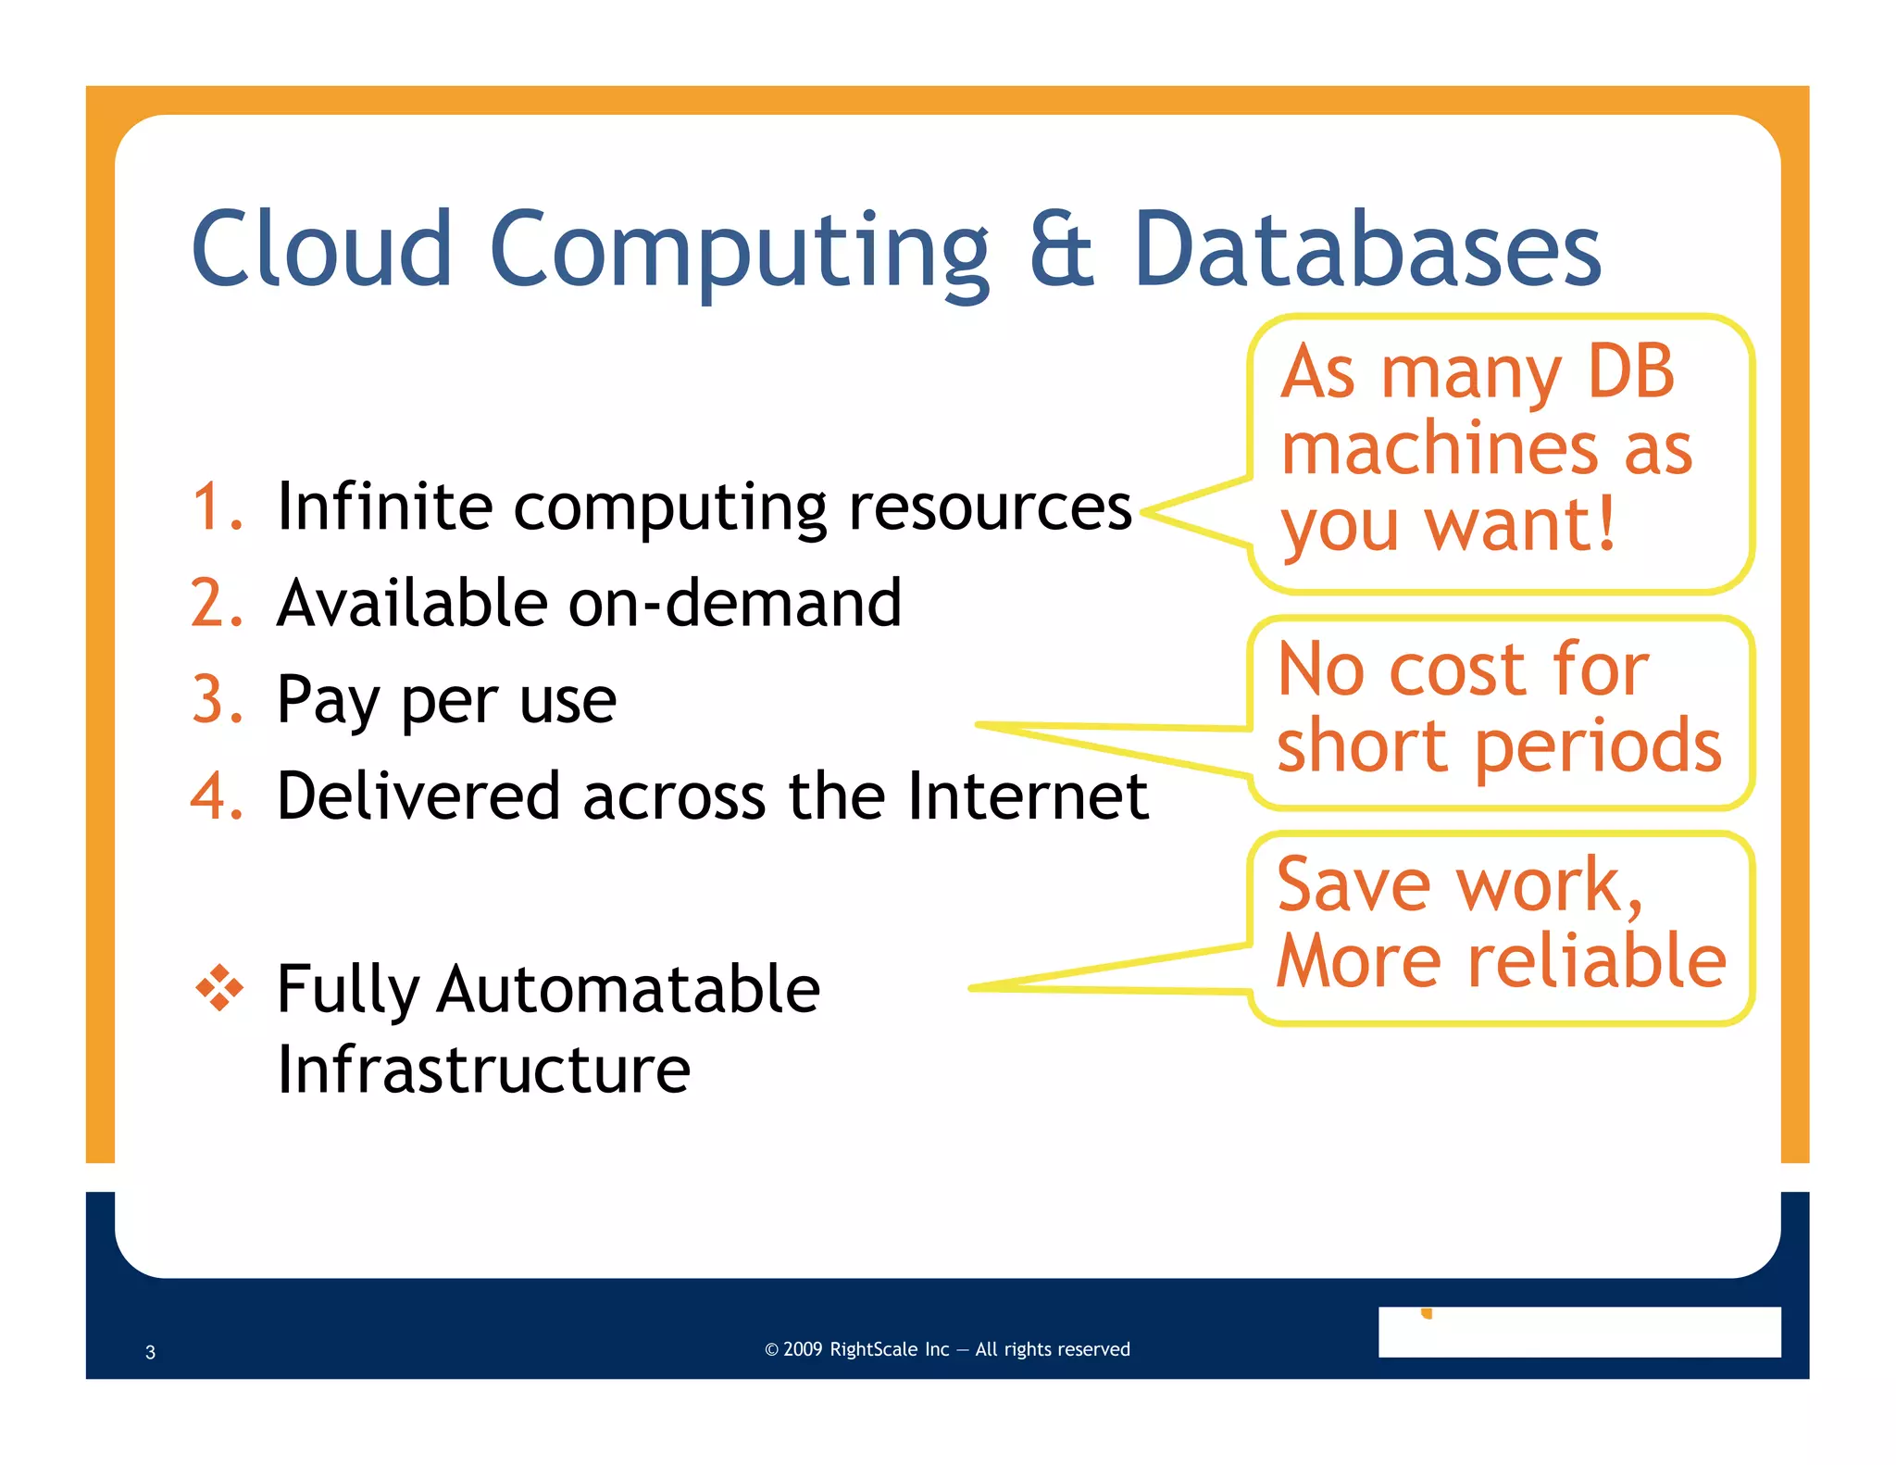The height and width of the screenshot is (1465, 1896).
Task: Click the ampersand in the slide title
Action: [1061, 248]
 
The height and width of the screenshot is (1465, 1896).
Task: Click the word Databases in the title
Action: [1366, 248]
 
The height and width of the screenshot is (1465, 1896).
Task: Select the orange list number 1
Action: [216, 507]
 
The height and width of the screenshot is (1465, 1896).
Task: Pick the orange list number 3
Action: [216, 699]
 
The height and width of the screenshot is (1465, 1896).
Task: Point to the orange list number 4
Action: [216, 795]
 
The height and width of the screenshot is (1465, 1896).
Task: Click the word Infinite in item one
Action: [384, 507]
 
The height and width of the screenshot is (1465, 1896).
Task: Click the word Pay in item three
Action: [328, 701]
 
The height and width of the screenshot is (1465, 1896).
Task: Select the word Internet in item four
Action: [1028, 795]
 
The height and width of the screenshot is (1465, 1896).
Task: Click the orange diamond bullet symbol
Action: [219, 988]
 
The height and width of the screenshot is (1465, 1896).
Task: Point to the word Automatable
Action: [628, 989]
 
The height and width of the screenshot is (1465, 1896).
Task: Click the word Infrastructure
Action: [483, 1070]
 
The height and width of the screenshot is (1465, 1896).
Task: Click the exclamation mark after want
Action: [1605, 524]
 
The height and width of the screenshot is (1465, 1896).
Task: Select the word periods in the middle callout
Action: [1598, 746]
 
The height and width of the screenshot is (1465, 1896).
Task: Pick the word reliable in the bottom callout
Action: [1596, 961]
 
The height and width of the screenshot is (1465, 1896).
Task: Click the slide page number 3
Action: [150, 1352]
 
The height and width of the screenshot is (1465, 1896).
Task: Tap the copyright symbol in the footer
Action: [771, 1350]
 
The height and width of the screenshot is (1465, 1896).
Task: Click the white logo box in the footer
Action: [1578, 1332]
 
